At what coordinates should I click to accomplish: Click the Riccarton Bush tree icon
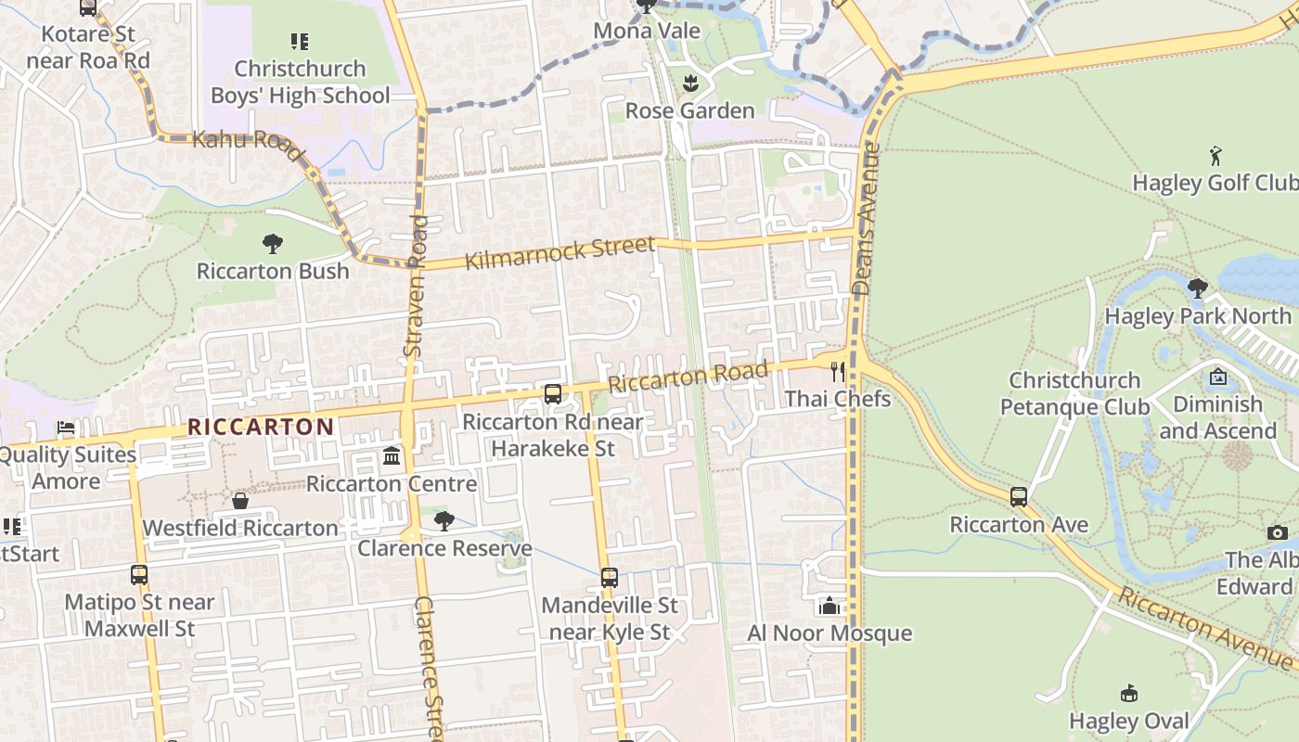(x=272, y=244)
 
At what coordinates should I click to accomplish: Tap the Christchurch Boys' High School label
(x=300, y=82)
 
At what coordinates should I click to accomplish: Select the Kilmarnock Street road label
(x=559, y=252)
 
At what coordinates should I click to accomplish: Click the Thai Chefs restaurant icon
(x=838, y=372)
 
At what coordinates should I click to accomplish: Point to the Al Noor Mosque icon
(x=830, y=606)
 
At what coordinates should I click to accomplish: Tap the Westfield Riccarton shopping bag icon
(x=240, y=501)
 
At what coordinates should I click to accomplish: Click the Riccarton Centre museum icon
(x=392, y=456)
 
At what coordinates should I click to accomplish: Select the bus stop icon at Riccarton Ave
(x=1019, y=496)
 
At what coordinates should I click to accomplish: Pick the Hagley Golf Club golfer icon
(x=1215, y=156)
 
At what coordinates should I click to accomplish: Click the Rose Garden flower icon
(x=689, y=83)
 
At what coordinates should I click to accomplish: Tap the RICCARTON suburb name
(x=261, y=427)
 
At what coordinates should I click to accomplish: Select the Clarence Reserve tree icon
(x=444, y=521)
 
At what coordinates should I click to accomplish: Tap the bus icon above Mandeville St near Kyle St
(x=610, y=578)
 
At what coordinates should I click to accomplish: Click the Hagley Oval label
(x=1128, y=721)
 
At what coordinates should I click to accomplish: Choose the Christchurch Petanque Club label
(x=1074, y=393)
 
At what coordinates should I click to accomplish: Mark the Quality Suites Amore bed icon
(x=65, y=428)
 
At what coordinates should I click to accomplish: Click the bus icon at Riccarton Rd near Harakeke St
(x=553, y=394)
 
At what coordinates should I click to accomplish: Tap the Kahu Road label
(x=242, y=141)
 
